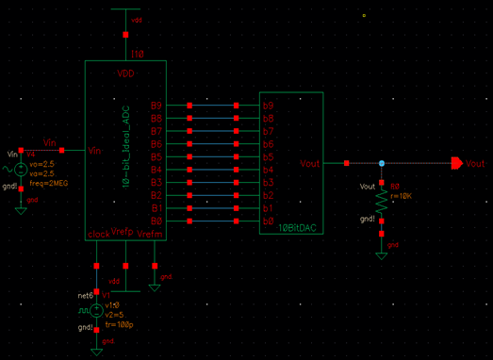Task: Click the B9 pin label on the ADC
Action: click(156, 106)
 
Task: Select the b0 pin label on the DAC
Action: click(268, 221)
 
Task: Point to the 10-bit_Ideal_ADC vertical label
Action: click(124, 147)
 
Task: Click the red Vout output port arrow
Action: click(456, 164)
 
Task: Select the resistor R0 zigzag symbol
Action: click(382, 204)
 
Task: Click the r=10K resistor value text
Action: click(401, 196)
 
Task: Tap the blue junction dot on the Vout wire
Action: click(382, 164)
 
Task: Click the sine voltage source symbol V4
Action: click(21, 170)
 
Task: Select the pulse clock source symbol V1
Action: click(95, 309)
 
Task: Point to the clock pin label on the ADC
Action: click(99, 233)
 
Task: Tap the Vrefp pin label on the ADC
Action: click(123, 232)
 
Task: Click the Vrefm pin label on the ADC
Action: click(150, 233)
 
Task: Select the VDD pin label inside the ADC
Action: click(125, 73)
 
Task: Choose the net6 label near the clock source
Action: click(85, 295)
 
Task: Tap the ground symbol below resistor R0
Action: click(382, 250)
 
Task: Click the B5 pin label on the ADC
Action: click(156, 156)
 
